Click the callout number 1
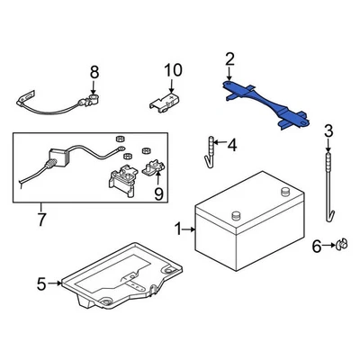[x=177, y=229]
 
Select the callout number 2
[x=229, y=60]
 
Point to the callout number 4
[x=231, y=144]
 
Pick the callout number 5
[x=41, y=285]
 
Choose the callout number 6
[x=316, y=246]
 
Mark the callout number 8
[x=93, y=71]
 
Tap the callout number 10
[x=172, y=70]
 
